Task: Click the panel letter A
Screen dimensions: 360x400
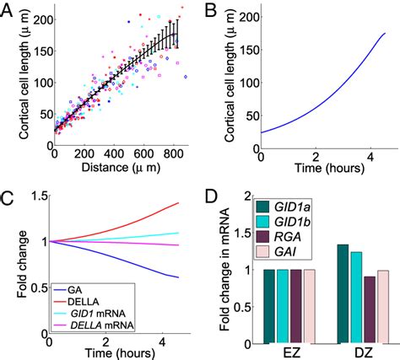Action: pos(8,10)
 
